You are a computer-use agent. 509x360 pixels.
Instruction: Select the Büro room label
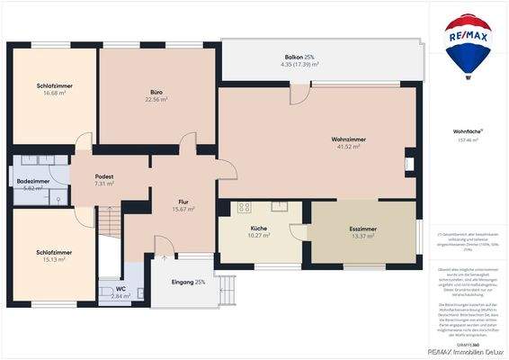156,92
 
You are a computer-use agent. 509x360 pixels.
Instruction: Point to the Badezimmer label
32,181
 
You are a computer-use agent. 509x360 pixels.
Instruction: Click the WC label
121,289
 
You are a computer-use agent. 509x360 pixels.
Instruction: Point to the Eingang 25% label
188,283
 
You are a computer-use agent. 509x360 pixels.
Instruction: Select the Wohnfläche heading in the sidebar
467,131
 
